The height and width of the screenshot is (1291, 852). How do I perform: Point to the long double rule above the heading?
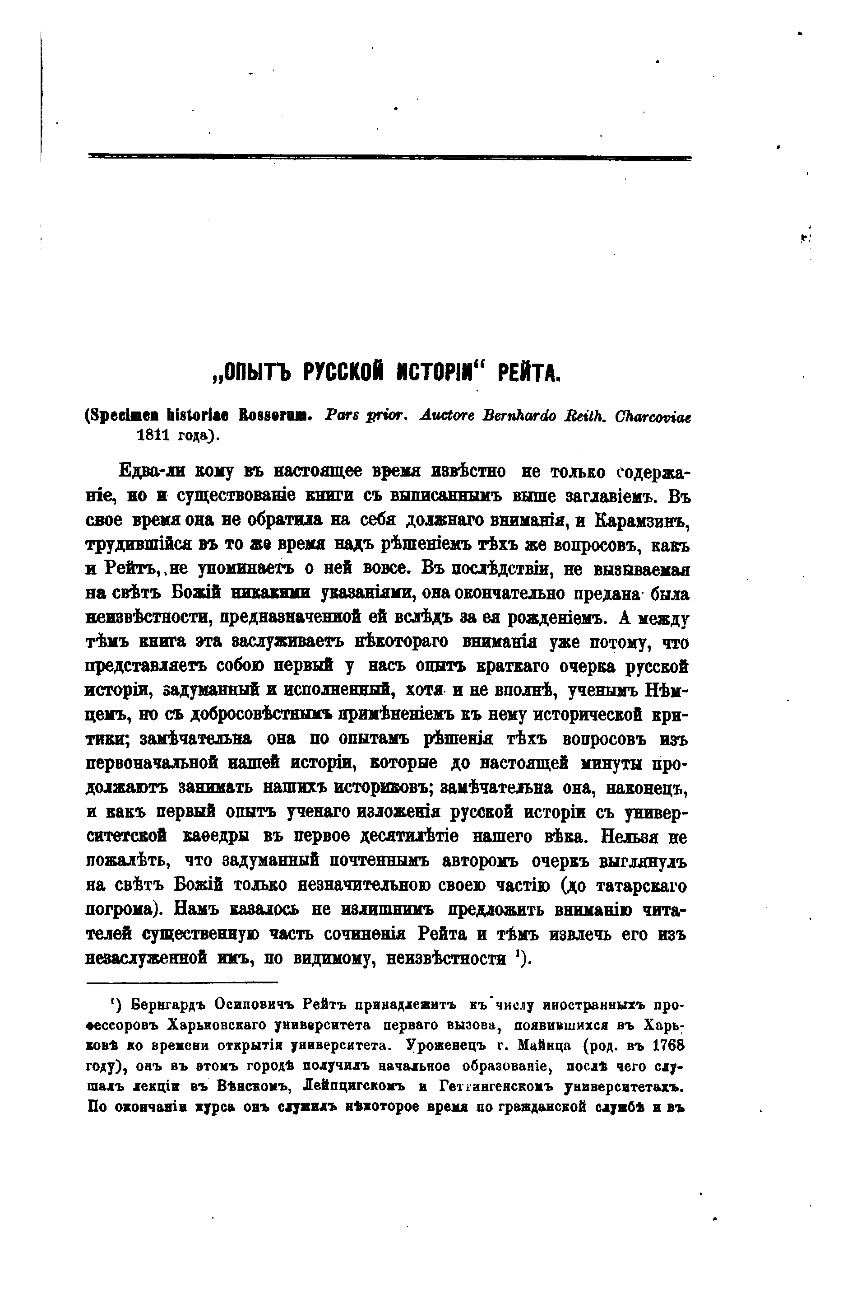(389, 158)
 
